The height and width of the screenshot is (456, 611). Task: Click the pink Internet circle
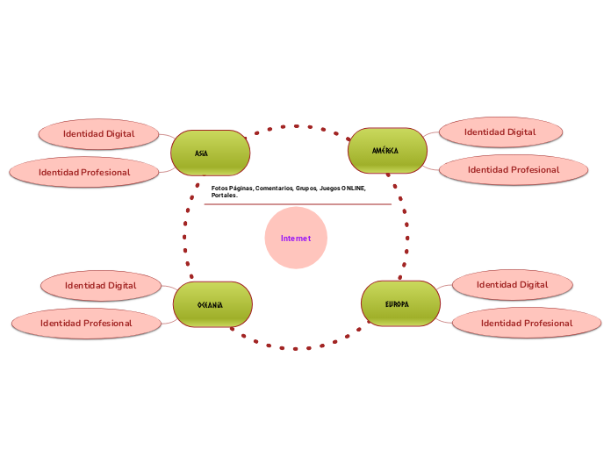pos(296,238)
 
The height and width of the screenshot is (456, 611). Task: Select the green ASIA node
pos(211,153)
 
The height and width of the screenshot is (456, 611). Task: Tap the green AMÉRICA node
pos(387,150)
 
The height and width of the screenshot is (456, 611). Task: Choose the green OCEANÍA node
pos(213,304)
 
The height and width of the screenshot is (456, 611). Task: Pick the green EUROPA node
pos(400,303)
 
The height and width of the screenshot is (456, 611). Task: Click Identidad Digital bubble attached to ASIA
pos(98,134)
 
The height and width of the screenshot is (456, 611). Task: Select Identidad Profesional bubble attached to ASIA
pos(84,172)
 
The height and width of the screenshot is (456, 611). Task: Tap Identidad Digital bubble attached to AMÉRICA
pos(500,132)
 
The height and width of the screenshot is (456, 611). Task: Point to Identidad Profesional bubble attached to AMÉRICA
pos(513,169)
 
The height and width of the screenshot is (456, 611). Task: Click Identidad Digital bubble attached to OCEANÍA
pos(100,285)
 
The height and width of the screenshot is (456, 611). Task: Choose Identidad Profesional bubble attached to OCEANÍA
pos(86,323)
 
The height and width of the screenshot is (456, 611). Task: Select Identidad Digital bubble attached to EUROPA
pos(512,284)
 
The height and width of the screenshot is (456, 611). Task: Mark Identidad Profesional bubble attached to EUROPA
pos(526,323)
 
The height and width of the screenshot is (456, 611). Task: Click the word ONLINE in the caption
pos(353,189)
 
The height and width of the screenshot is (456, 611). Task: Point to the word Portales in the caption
pos(224,196)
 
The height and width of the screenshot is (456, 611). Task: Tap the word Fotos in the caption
pos(219,189)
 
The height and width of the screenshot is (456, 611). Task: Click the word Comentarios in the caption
pos(274,189)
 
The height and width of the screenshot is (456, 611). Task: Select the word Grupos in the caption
pos(306,189)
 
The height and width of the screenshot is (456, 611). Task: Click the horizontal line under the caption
pos(298,204)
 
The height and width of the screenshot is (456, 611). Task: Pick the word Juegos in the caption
pos(330,189)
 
